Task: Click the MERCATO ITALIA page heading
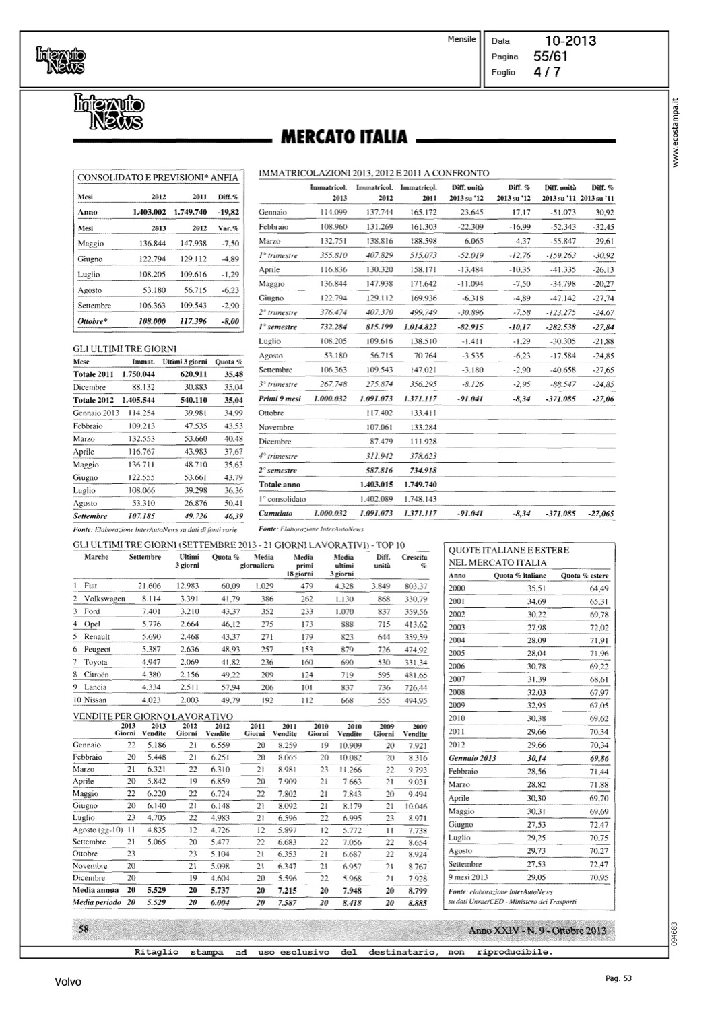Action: (x=343, y=137)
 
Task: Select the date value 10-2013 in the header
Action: (x=570, y=42)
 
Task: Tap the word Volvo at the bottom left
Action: (x=68, y=982)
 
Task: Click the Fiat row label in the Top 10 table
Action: (x=90, y=586)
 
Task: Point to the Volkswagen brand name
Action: (x=104, y=599)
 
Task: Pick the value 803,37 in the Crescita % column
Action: (x=416, y=586)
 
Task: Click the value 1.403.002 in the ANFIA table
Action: (x=150, y=212)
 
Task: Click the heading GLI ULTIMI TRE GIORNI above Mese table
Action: (x=125, y=349)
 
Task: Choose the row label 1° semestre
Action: (x=278, y=327)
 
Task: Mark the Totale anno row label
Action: (x=280, y=485)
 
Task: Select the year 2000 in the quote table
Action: (x=457, y=588)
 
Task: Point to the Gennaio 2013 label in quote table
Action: (x=472, y=758)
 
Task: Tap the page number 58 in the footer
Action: (x=85, y=929)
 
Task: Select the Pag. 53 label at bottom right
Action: (x=618, y=978)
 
